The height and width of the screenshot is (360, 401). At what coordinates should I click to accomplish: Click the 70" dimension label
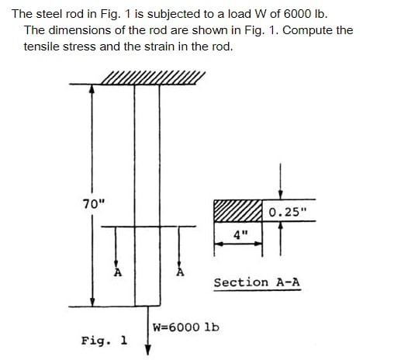[x=93, y=204]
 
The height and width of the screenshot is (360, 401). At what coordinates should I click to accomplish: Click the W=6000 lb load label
[x=186, y=327]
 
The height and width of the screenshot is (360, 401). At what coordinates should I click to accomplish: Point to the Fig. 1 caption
[x=105, y=341]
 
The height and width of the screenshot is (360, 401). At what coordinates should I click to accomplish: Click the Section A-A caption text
[x=257, y=282]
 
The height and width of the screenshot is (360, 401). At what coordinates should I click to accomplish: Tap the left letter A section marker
[x=118, y=272]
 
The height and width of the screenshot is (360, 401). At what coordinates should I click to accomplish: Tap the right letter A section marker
[x=181, y=272]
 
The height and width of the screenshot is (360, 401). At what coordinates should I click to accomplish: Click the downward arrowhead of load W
[x=147, y=348]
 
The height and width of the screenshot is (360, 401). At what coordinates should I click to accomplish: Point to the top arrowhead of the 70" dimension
[x=92, y=89]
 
